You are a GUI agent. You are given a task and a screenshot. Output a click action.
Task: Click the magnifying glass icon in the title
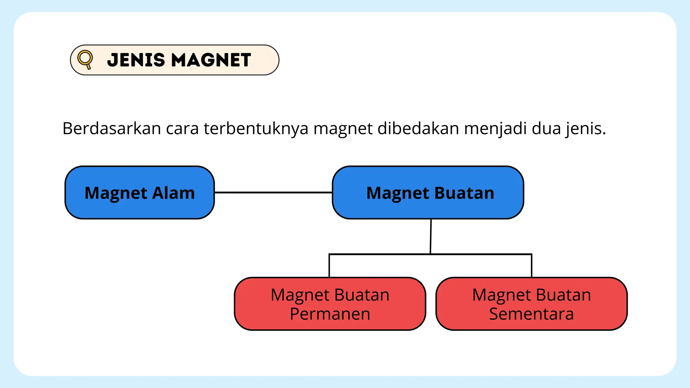pyautogui.click(x=85, y=59)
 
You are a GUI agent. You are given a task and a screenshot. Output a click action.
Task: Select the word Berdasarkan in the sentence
pyautogui.click(x=112, y=129)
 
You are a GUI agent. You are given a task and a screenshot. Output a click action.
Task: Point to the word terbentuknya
pyautogui.click(x=256, y=129)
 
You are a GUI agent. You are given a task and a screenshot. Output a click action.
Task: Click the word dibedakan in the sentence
pyautogui.click(x=418, y=129)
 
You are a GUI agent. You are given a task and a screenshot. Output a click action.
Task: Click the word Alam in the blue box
pyautogui.click(x=174, y=193)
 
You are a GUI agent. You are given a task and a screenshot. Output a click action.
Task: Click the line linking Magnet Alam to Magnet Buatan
pyautogui.click(x=273, y=192)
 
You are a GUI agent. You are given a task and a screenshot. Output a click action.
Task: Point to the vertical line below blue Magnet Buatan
pyautogui.click(x=431, y=236)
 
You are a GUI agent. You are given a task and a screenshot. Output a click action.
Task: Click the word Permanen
pyautogui.click(x=330, y=314)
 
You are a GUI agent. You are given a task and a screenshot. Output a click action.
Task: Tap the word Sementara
pyautogui.click(x=531, y=314)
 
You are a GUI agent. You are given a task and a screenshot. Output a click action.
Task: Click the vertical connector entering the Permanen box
pyautogui.click(x=329, y=266)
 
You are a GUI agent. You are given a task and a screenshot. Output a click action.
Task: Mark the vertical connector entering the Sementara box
pyautogui.click(x=532, y=266)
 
